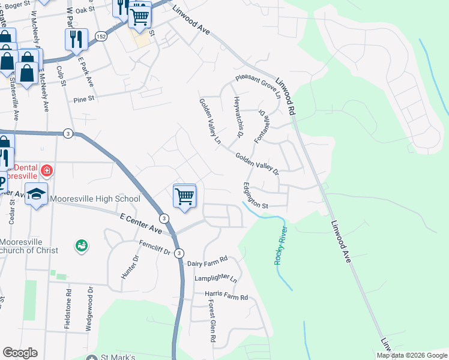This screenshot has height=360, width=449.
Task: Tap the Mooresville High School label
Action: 95,199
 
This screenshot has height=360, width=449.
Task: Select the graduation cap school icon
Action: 36,195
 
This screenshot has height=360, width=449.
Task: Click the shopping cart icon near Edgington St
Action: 184,195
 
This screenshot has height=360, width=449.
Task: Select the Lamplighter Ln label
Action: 215,279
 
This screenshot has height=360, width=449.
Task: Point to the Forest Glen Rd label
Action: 212,322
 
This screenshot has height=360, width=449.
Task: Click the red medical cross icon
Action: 46,172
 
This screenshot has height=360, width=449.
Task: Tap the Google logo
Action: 20,353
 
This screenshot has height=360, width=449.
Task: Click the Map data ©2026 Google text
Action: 412,355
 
